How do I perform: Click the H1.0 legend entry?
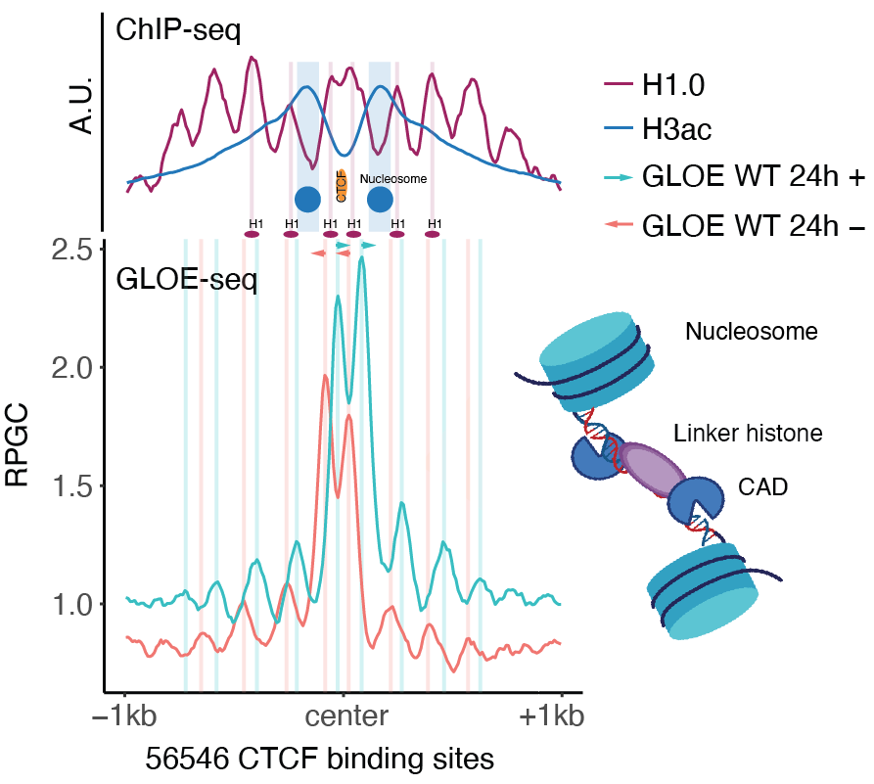tap(676, 87)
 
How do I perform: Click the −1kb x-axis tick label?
tap(124, 717)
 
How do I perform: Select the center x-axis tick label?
tap(344, 717)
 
